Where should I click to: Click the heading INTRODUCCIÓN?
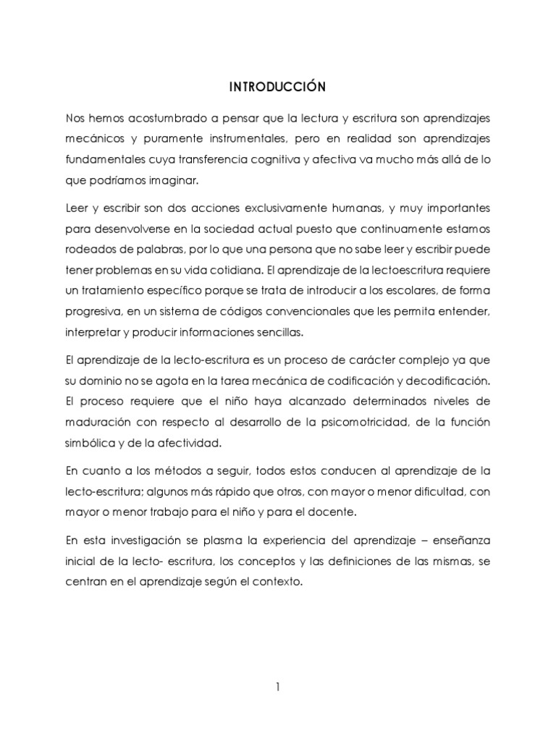pos(278,88)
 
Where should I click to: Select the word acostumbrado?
pos(169,117)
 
